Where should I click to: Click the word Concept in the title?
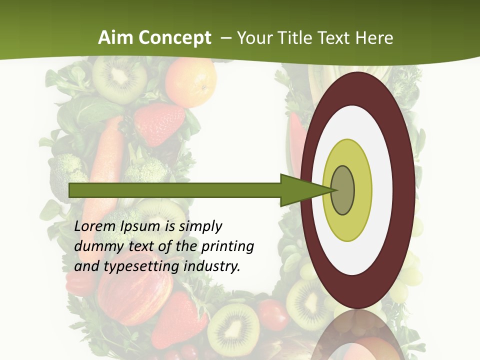tap(173, 38)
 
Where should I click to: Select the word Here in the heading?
tap(374, 38)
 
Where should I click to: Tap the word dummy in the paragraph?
tap(95, 246)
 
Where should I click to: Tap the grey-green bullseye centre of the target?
tap(343, 190)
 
